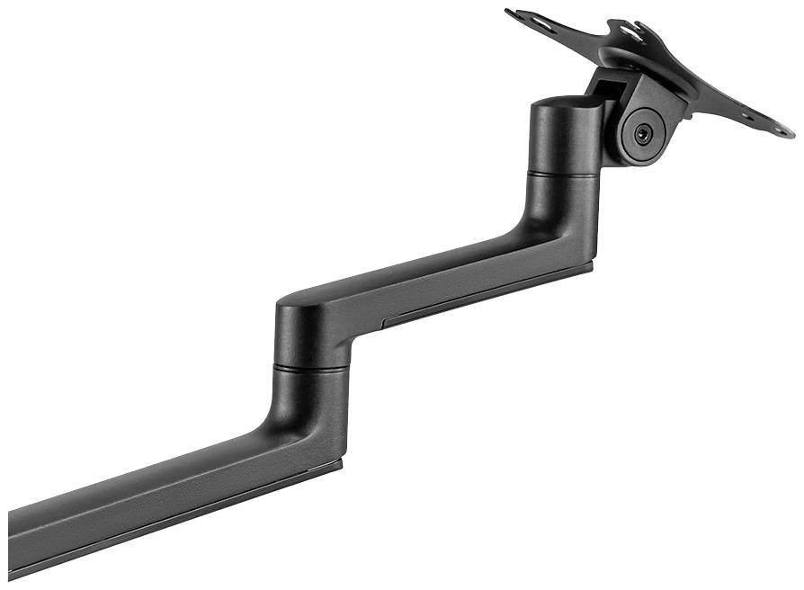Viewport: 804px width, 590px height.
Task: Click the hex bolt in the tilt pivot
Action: [x=642, y=132]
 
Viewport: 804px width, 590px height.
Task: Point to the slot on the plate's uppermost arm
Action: [x=635, y=31]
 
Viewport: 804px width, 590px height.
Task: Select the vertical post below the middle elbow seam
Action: [x=311, y=396]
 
